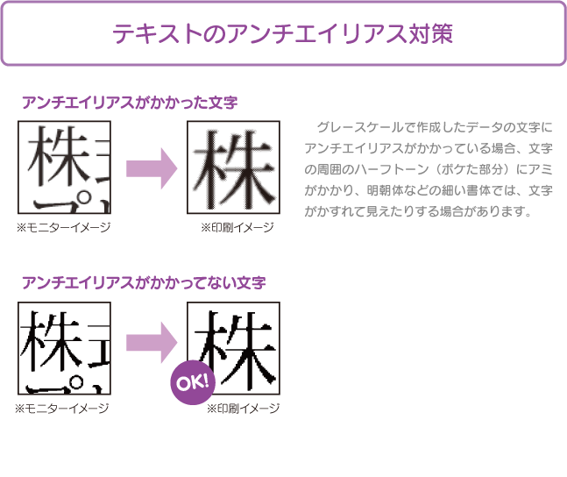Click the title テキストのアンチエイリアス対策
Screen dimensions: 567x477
coord(282,33)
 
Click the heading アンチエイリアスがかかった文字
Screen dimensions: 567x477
coord(130,103)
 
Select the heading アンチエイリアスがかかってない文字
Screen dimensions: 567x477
coord(144,282)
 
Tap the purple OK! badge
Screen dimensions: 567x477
coord(193,382)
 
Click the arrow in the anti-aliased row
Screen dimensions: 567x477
coord(152,168)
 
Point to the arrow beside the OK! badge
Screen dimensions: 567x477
coord(152,342)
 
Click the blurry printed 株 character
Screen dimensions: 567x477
coord(234,169)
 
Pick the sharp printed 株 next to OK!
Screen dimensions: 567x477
coord(235,349)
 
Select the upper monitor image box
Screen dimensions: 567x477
coord(64,167)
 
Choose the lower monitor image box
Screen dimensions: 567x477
coord(64,348)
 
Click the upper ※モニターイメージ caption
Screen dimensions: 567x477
coord(63,227)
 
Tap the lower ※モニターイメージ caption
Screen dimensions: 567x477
coord(62,409)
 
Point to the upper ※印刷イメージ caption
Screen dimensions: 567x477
coord(237,227)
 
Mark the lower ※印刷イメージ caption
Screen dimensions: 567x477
coord(243,409)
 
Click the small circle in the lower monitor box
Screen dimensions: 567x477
coord(76,381)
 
